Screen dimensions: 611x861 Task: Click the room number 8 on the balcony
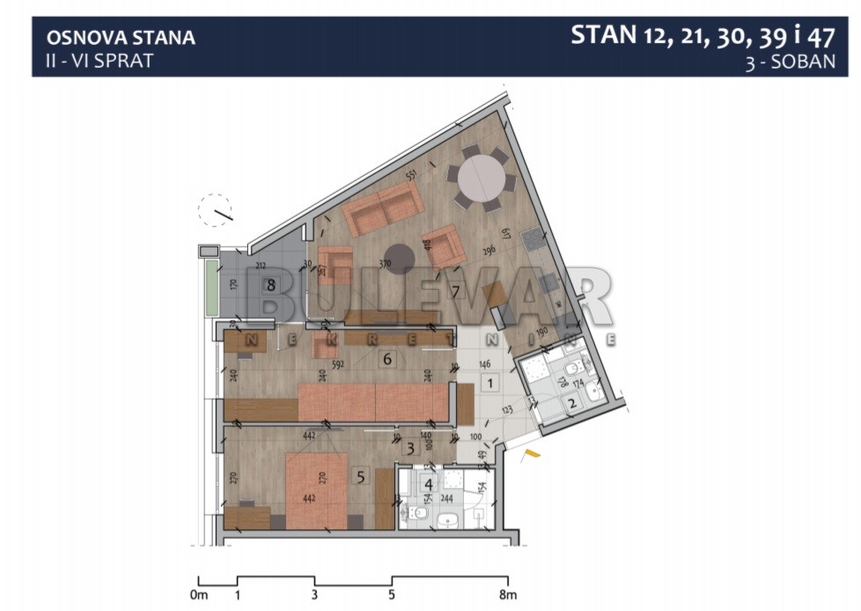(271, 284)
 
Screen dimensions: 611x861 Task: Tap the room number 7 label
(456, 291)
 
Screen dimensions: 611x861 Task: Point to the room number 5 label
(359, 477)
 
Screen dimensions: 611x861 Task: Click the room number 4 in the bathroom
(429, 482)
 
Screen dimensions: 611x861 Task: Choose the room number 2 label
(571, 403)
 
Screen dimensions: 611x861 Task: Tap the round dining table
(481, 180)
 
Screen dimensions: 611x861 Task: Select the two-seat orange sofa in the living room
(379, 211)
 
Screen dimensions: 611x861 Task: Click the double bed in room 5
(318, 490)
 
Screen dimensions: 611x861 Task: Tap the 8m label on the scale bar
(508, 594)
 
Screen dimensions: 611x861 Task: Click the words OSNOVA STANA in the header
(121, 38)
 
